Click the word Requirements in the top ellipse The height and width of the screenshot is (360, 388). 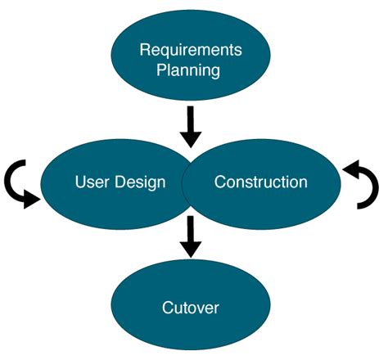coord(191,50)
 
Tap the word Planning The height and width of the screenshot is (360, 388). coord(191,70)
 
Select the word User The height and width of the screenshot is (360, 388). coord(91,182)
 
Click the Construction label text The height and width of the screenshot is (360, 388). coord(261,182)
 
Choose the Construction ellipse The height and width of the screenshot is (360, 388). coord(270,205)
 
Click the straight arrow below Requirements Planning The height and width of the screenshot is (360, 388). coord(191,124)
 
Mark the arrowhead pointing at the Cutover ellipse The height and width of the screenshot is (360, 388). coord(190,247)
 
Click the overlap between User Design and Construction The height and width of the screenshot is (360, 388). coord(190,182)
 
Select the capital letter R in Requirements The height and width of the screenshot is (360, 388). coord(146,50)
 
